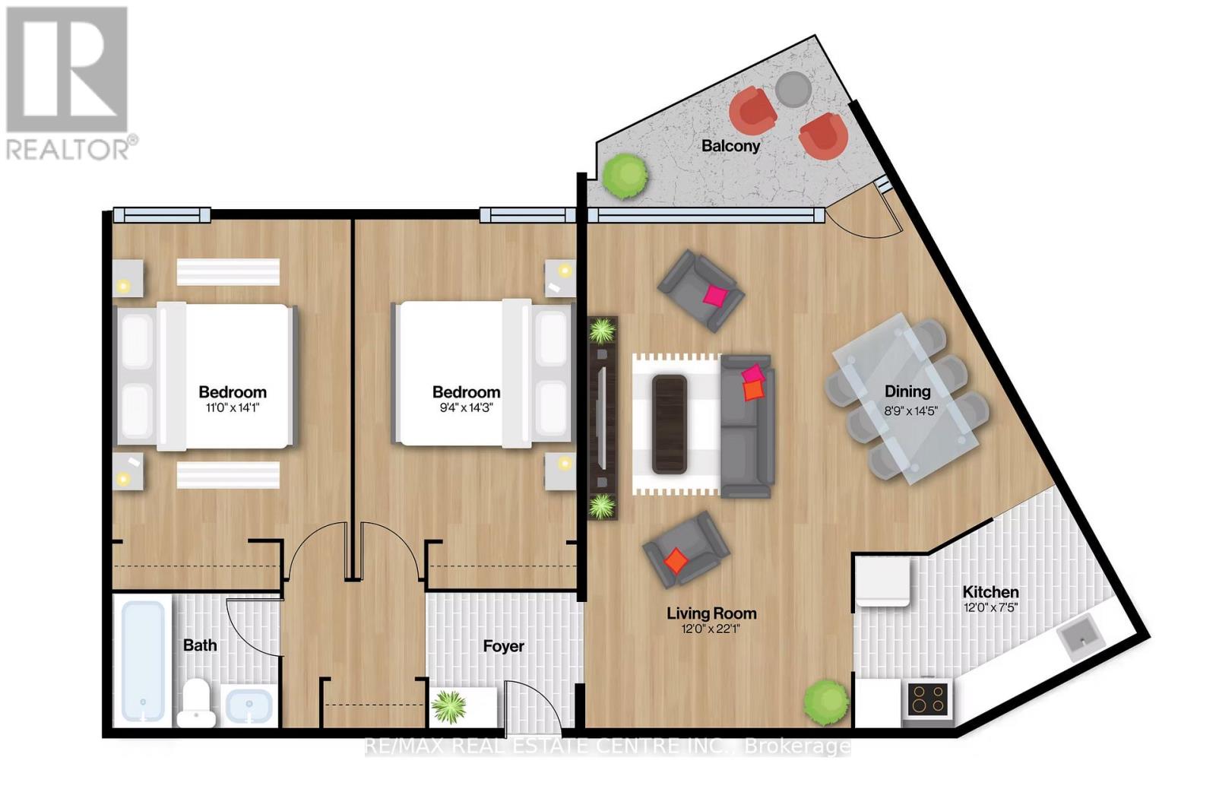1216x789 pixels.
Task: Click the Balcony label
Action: [x=730, y=145]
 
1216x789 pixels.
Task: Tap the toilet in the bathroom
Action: [x=197, y=703]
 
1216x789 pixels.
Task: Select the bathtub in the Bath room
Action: [x=144, y=661]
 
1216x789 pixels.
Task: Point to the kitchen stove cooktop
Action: [x=929, y=699]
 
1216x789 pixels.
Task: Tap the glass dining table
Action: [x=907, y=398]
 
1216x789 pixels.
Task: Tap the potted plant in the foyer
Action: [x=449, y=707]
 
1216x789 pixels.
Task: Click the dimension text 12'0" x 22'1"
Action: [x=711, y=629]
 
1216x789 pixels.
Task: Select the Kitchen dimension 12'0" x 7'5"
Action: [x=990, y=607]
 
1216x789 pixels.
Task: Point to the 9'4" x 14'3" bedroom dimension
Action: [x=466, y=407]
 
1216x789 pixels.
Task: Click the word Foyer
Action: [x=503, y=646]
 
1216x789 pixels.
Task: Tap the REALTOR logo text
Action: [x=72, y=148]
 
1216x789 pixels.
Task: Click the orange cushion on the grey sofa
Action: [x=752, y=391]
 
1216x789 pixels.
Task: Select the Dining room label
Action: [x=907, y=391]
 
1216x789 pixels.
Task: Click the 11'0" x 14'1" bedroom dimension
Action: [x=233, y=407]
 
